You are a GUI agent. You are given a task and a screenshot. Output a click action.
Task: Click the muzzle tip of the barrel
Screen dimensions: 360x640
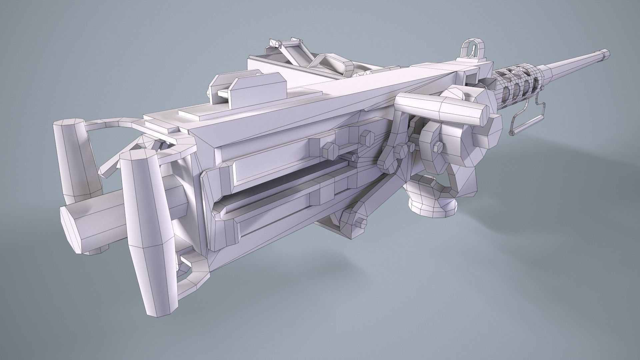point(606,53)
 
